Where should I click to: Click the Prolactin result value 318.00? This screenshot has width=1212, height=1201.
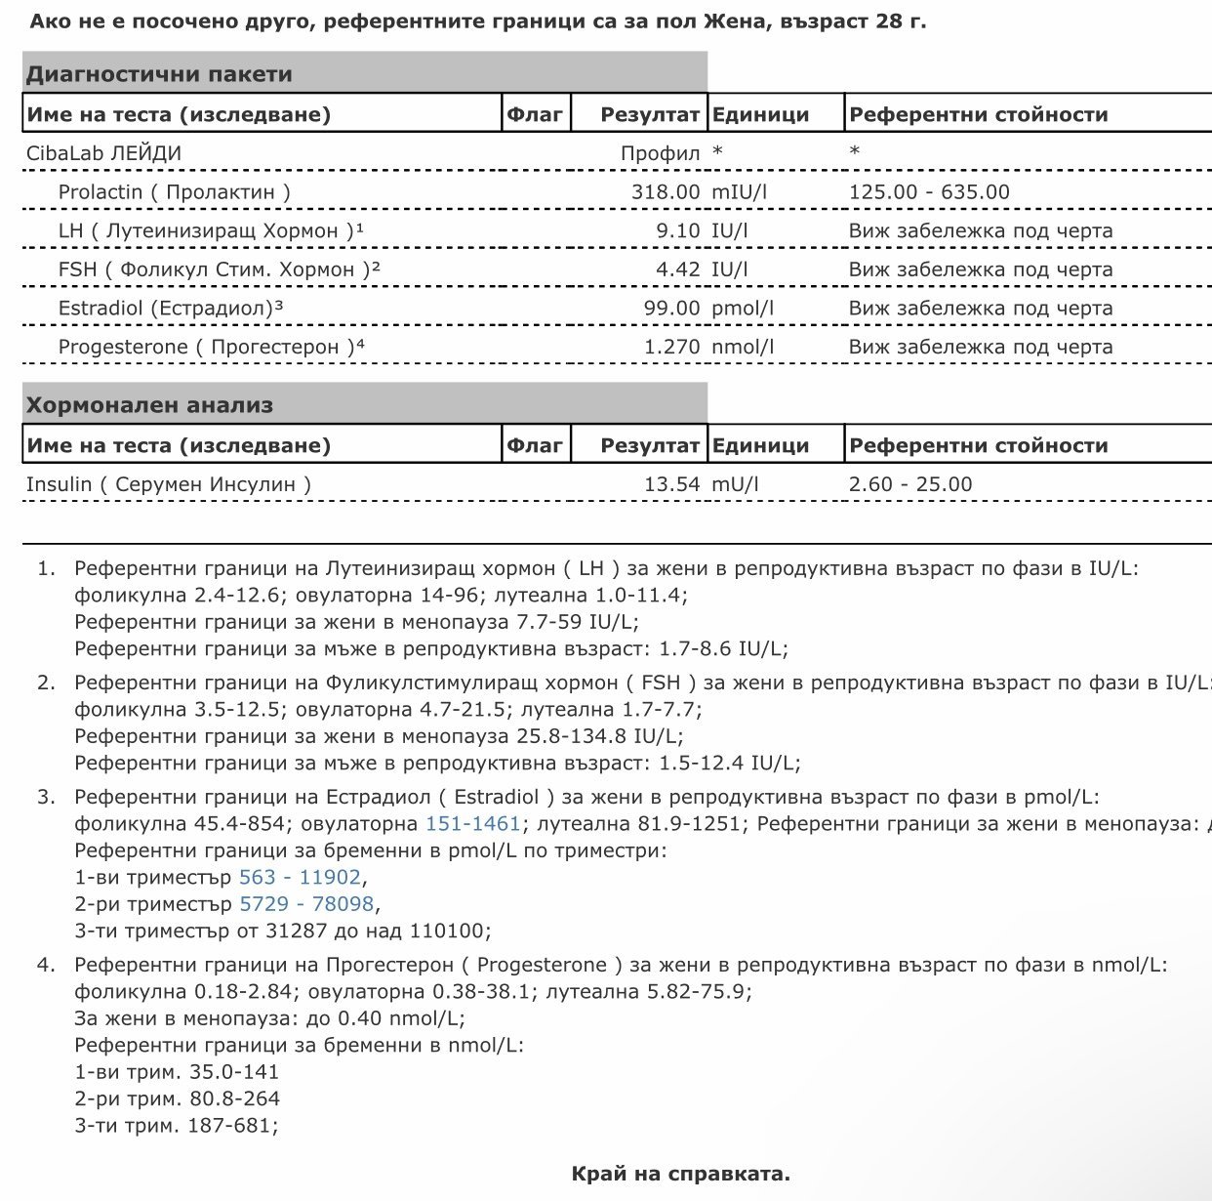(x=666, y=192)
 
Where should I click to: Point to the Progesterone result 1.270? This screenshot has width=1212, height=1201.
(x=671, y=347)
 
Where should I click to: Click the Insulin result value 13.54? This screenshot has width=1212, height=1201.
(x=671, y=484)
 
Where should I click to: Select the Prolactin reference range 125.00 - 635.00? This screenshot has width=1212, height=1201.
(x=929, y=192)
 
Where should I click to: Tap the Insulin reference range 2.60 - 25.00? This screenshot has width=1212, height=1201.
(x=910, y=484)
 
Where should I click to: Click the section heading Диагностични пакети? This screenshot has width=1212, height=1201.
(x=159, y=74)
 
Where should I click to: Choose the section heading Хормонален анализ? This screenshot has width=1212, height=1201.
(x=149, y=405)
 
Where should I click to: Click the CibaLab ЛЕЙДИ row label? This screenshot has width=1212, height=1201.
(x=103, y=153)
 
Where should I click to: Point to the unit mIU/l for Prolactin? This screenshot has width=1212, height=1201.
(x=739, y=192)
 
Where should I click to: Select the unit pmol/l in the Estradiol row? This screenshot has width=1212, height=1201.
(x=743, y=309)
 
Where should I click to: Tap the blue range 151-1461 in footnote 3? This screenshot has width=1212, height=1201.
(x=473, y=824)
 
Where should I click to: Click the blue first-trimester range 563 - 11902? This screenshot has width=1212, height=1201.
(x=300, y=877)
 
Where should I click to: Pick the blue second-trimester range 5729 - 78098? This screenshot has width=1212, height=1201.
(x=306, y=904)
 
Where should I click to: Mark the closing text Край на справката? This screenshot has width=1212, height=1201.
(x=680, y=1174)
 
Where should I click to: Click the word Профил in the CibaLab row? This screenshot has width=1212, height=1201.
(x=660, y=153)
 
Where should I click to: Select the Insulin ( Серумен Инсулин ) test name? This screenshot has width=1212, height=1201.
(x=169, y=484)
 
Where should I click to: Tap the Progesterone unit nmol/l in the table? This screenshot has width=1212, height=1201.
(x=743, y=347)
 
